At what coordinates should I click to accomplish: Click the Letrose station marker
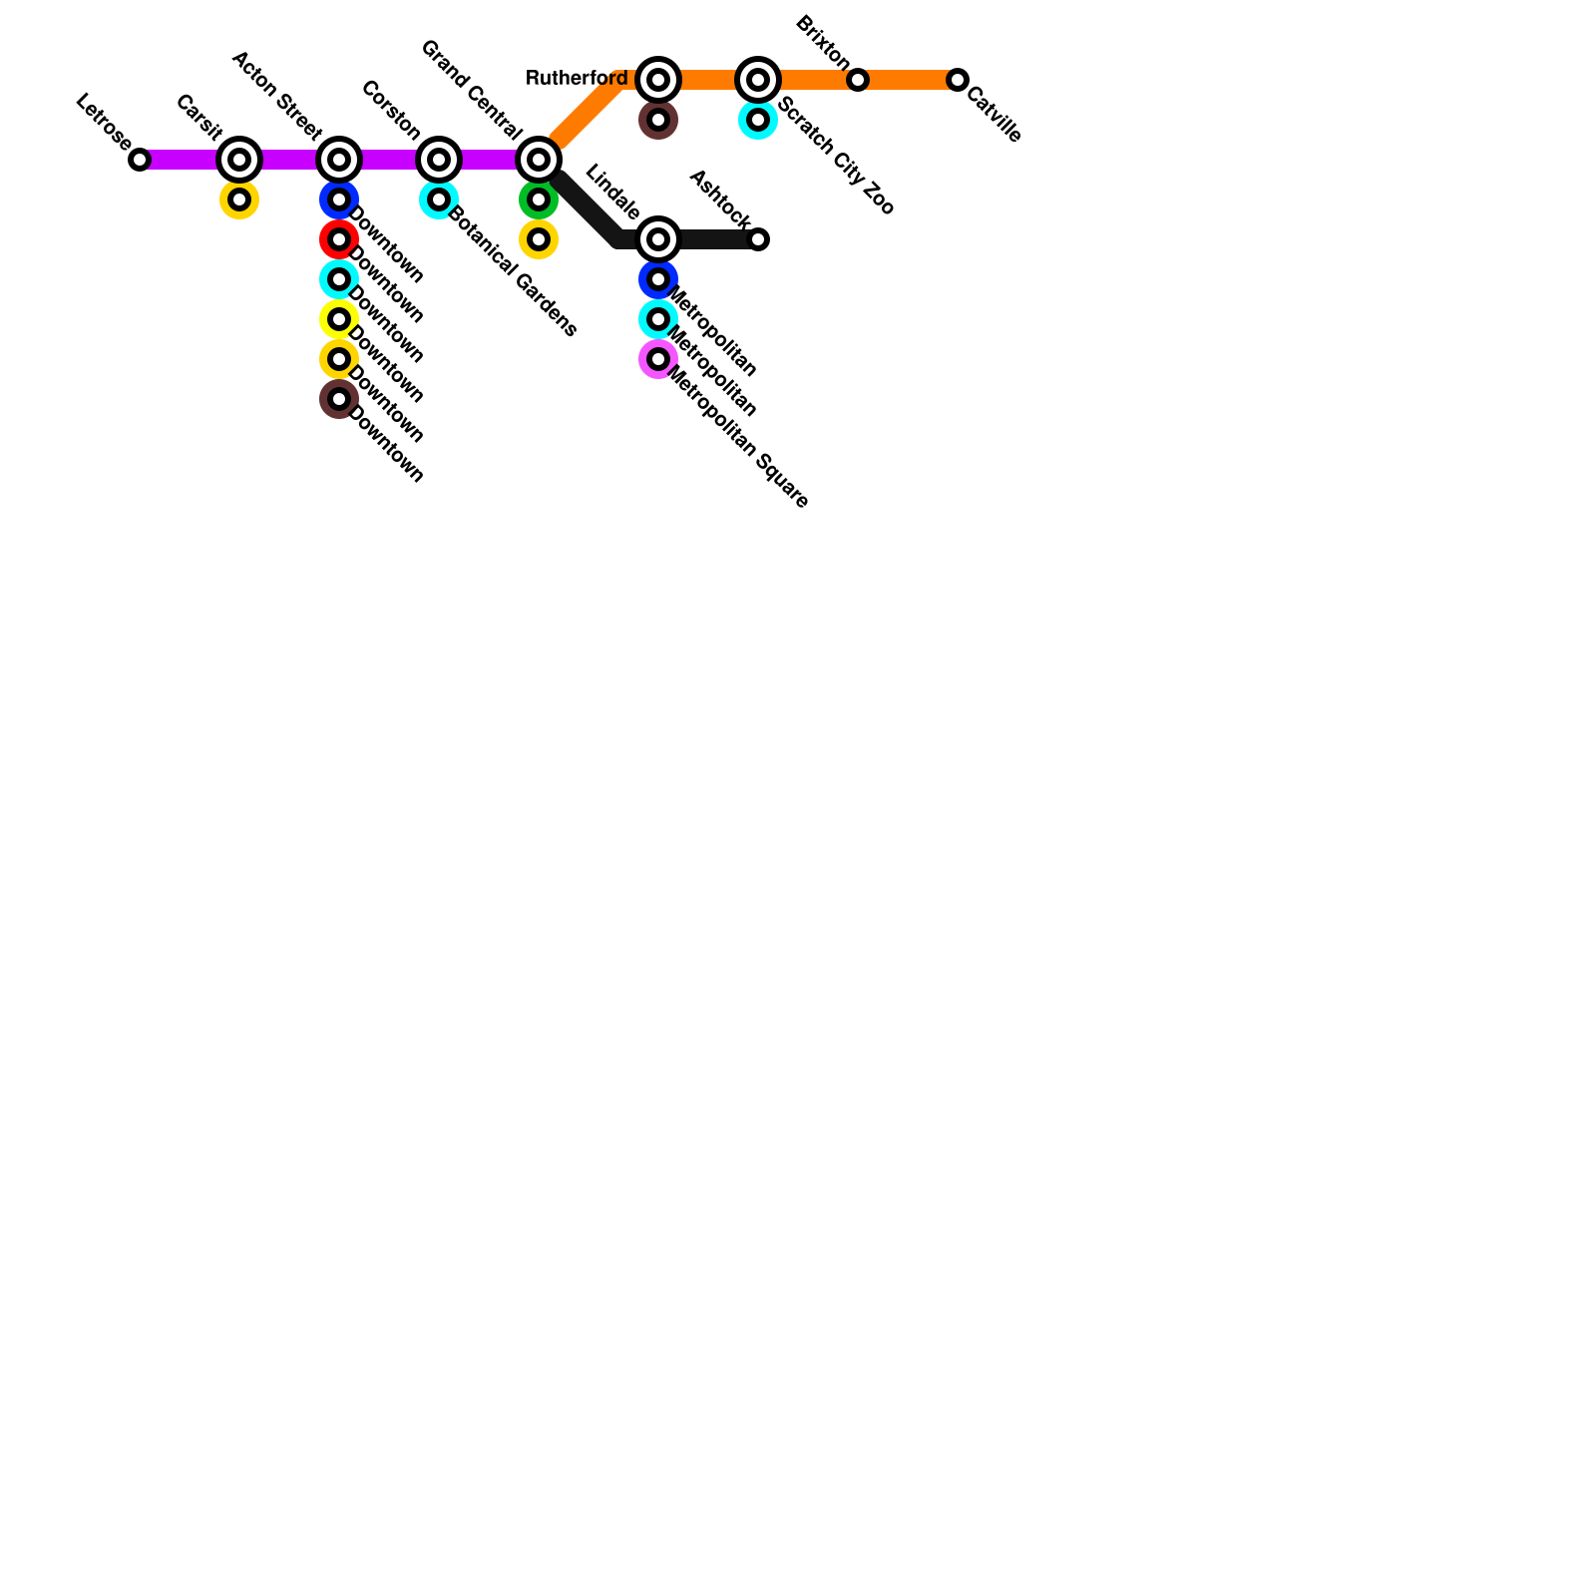point(140,160)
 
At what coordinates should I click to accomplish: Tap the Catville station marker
point(958,80)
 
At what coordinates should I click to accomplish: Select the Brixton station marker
point(858,80)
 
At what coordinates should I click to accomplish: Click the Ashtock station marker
point(758,239)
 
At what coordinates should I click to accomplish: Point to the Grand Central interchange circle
point(539,160)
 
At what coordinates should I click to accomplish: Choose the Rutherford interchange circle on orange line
point(658,80)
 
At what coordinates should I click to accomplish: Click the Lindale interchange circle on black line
point(658,239)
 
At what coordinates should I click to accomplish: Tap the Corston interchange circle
point(439,160)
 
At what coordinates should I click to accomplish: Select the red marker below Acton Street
point(339,239)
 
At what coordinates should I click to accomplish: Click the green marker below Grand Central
point(539,199)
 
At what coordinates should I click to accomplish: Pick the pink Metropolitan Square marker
point(658,359)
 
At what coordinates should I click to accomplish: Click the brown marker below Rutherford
point(658,120)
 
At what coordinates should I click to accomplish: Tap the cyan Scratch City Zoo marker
point(758,120)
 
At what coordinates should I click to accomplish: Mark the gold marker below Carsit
point(239,199)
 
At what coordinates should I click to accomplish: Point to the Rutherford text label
point(577,78)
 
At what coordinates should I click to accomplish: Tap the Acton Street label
point(276,96)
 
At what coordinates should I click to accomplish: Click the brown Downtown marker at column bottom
point(339,399)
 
